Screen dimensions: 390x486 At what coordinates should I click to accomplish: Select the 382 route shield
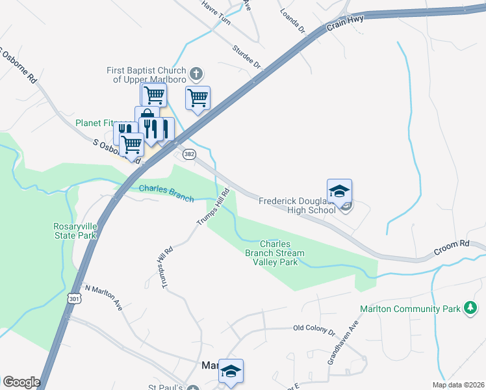coord(189,154)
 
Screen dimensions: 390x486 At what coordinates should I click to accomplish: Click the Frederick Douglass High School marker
coord(339,192)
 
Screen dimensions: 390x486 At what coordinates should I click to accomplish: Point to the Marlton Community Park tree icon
coord(470,308)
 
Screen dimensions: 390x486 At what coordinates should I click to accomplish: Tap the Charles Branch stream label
coord(166,193)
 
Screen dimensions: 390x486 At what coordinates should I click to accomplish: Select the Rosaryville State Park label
coord(75,231)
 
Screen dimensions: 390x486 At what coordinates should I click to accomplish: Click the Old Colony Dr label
coord(314,330)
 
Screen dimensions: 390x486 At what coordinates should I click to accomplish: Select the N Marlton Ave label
coord(104,296)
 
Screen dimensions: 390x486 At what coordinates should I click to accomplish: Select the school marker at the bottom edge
coord(231,371)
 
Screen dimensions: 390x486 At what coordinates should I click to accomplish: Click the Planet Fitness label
coord(95,122)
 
